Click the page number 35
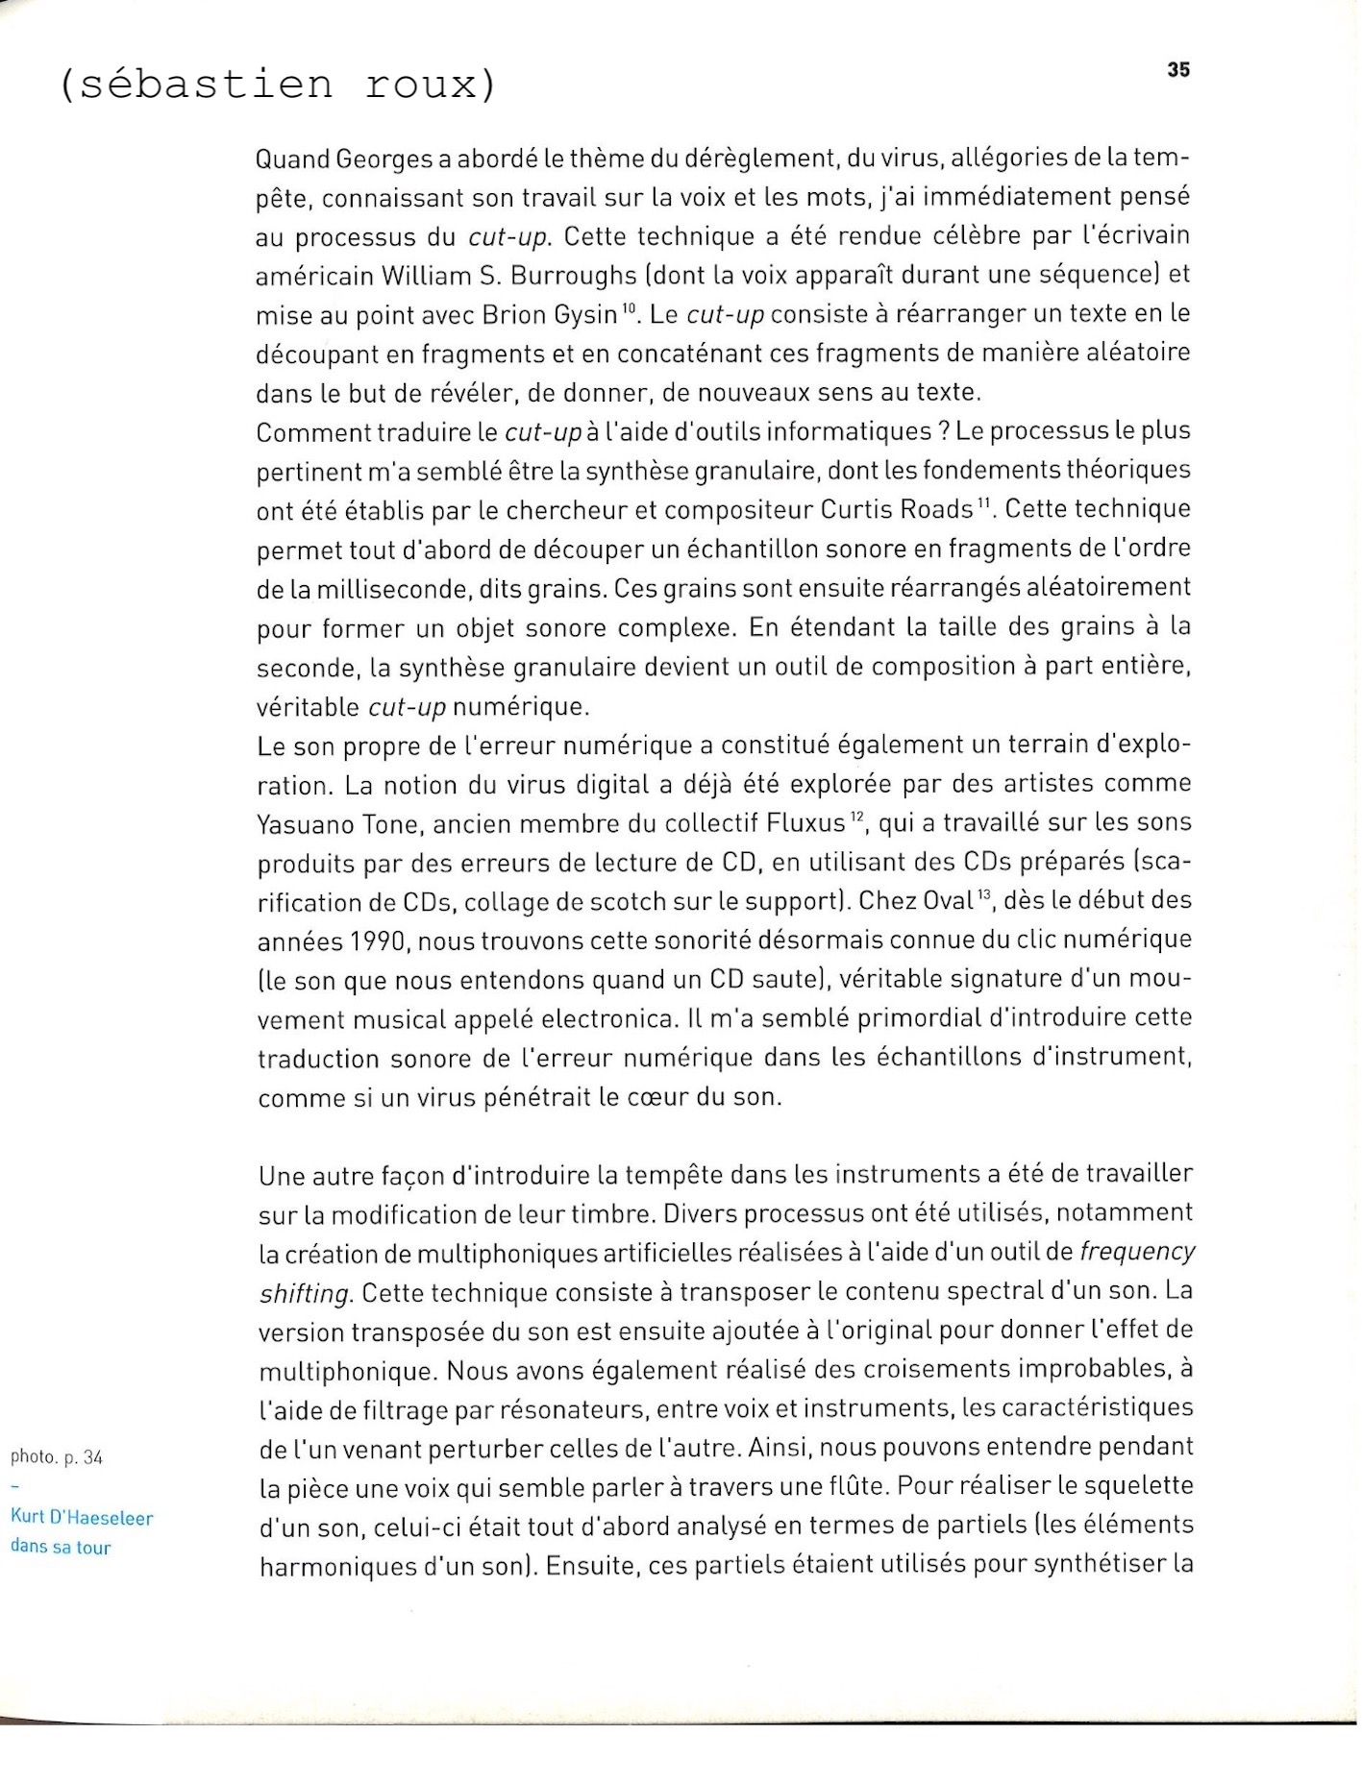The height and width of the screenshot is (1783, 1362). (1178, 70)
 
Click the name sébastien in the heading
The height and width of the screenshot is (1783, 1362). (206, 85)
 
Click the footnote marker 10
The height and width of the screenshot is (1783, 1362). (629, 307)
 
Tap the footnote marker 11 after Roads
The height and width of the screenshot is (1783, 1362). (983, 502)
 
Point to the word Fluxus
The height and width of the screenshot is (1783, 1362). (805, 823)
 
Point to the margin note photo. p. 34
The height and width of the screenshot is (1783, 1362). (56, 1457)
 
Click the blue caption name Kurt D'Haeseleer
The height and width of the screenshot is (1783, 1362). (82, 1518)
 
